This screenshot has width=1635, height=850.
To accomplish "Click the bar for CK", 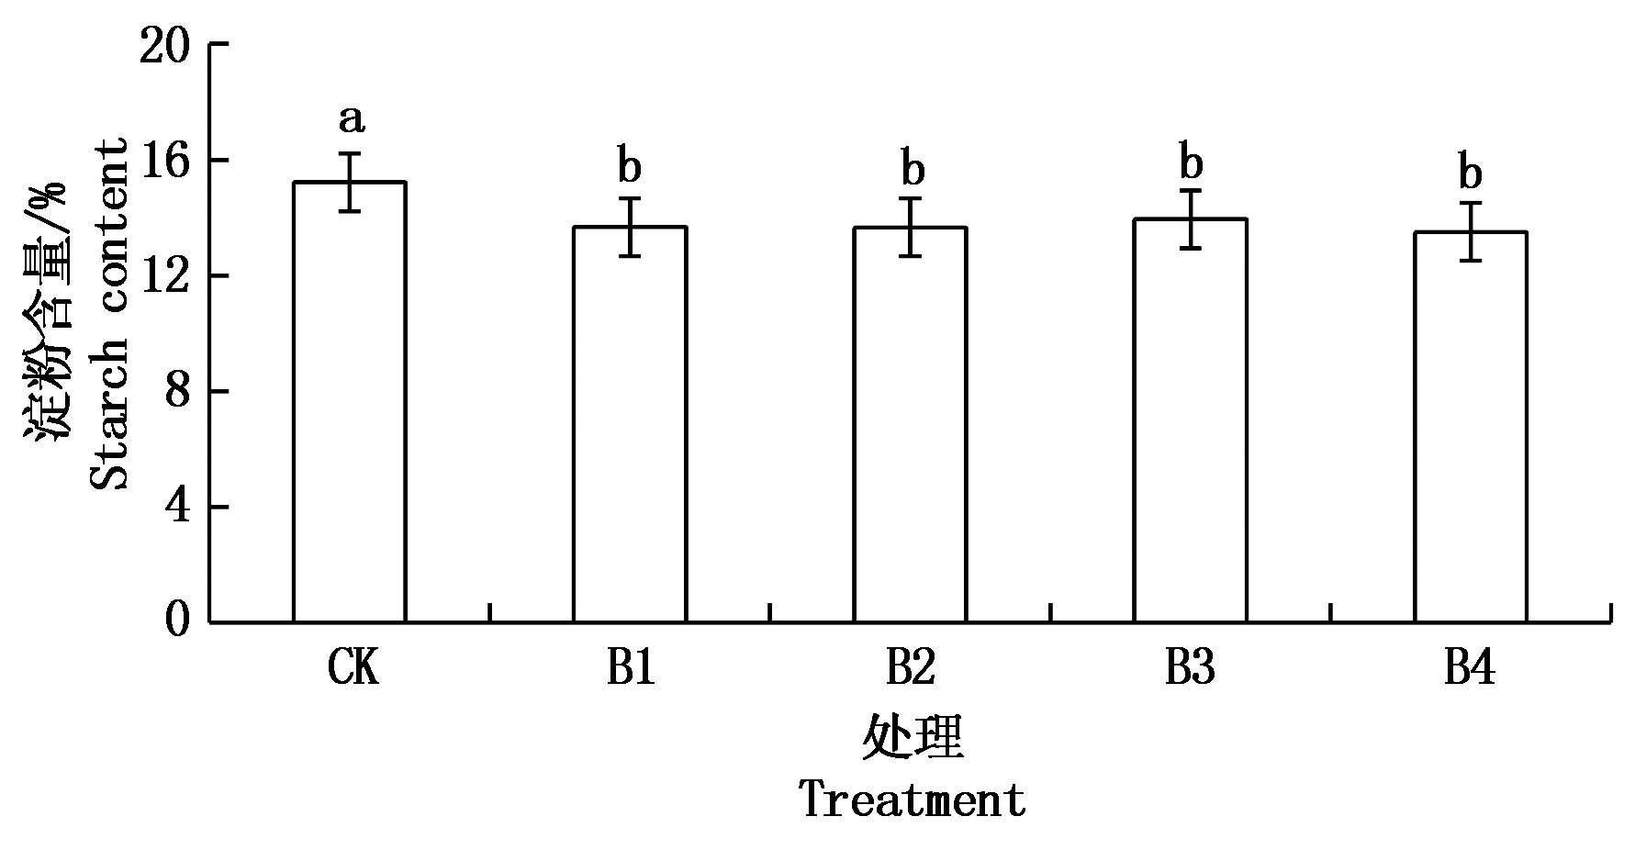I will coord(349,404).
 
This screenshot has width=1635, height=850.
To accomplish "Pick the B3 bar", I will coord(1190,421).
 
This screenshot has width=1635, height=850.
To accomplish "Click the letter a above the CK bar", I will coord(352,118).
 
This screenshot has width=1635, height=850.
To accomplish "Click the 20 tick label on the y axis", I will coord(164,45).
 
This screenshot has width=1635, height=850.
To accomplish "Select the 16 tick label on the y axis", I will coord(164,161).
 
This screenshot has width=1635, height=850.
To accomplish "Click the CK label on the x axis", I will coord(353,669).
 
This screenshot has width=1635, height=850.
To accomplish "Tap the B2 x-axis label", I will coord(910,669).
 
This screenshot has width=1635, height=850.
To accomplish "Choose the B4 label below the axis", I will coord(1470,669).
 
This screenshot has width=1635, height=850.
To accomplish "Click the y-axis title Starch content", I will coord(108,314).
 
